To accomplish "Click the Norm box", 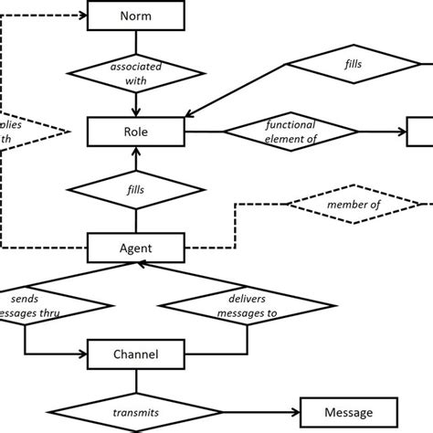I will click(x=135, y=16).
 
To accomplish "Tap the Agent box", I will click(x=135, y=247).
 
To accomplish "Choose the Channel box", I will click(x=135, y=354).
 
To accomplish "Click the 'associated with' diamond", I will click(x=135, y=73).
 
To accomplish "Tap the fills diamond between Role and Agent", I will click(x=135, y=190).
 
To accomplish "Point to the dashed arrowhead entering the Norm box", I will click(x=82, y=16).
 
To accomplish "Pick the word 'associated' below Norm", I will click(x=135, y=66).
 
